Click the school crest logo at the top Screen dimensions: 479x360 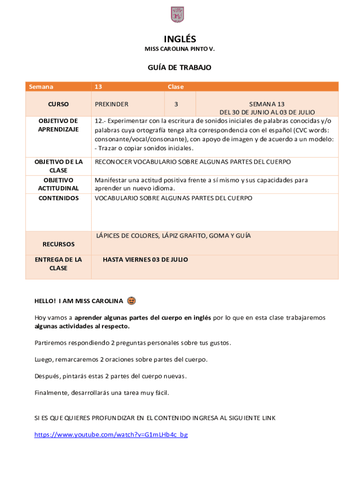(x=177, y=15)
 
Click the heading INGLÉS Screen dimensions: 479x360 (x=180, y=39)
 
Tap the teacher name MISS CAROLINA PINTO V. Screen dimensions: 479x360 (x=180, y=49)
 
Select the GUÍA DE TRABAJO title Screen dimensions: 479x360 (x=180, y=68)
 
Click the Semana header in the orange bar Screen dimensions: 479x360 (x=41, y=87)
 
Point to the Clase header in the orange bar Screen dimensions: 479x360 (x=176, y=87)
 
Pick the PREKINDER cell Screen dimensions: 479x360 (x=112, y=104)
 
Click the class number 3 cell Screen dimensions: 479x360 (x=176, y=104)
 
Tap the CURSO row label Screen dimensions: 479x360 (x=58, y=104)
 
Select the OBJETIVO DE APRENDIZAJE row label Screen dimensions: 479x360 (x=58, y=125)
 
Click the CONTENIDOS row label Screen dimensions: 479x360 (x=58, y=198)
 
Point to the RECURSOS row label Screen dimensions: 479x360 (x=58, y=244)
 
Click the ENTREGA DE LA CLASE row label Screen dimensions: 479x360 (x=58, y=264)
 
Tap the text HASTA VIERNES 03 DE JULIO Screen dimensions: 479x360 (x=145, y=260)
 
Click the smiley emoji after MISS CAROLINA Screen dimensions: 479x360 (x=131, y=300)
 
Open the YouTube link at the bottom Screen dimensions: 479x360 (x=111, y=435)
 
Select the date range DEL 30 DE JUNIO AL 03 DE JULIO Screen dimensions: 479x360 (x=267, y=112)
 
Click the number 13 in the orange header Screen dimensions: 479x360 (x=98, y=87)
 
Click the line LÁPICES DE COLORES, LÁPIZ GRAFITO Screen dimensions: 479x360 (x=173, y=236)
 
